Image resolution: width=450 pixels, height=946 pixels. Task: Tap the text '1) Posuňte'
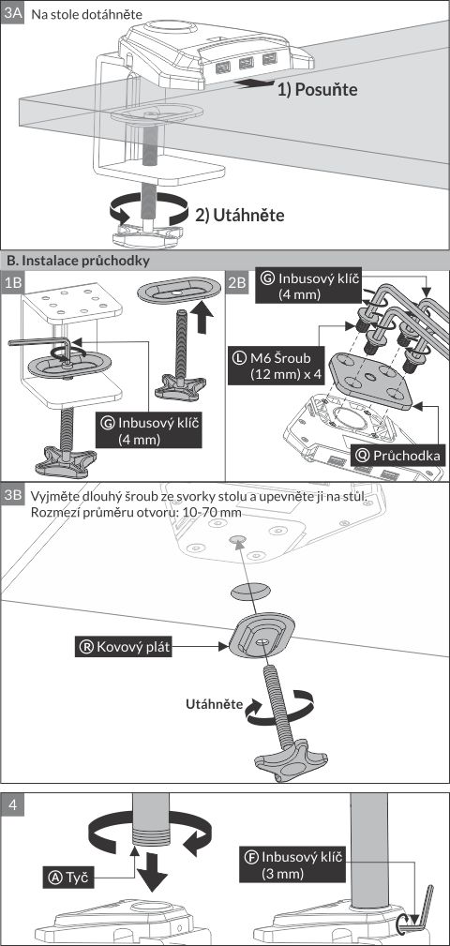pos(317,90)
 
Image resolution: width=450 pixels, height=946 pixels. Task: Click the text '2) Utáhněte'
pos(239,215)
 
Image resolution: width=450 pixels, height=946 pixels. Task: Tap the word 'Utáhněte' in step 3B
pos(214,704)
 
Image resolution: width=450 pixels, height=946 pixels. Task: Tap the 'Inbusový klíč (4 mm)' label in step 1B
pos(148,429)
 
